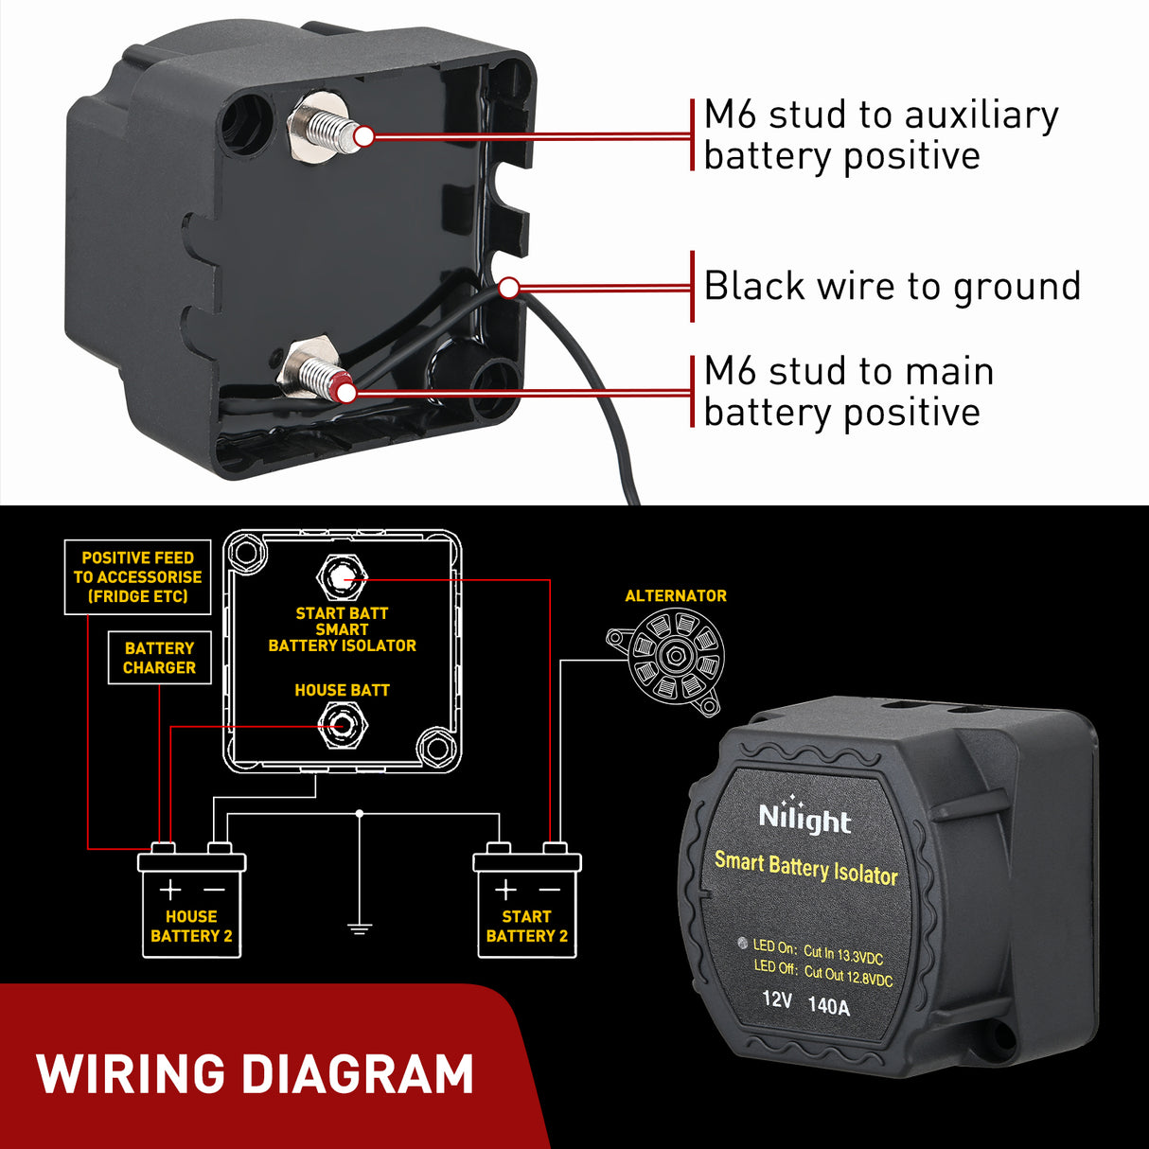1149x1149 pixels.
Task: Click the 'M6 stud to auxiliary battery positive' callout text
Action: (880, 134)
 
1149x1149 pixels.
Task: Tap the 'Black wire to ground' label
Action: (892, 286)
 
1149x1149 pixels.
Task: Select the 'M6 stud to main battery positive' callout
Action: (848, 391)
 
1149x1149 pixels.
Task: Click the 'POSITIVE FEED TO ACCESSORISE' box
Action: (137, 577)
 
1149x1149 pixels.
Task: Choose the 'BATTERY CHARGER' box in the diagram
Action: (159, 658)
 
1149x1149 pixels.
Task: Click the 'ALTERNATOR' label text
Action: (676, 596)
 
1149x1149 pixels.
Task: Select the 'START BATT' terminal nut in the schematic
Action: (342, 576)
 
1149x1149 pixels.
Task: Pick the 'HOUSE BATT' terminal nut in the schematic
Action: (342, 726)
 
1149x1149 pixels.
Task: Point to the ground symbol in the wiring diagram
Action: (360, 928)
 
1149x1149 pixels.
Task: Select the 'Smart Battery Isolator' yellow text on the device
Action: (805, 868)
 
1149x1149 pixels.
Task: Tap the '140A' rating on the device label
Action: (829, 1006)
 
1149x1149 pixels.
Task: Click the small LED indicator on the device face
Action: (742, 944)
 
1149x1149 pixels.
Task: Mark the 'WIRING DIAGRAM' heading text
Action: (256, 1074)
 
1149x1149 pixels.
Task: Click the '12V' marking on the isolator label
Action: (777, 999)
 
